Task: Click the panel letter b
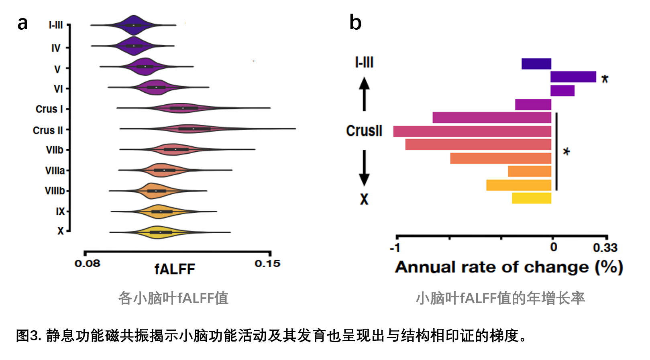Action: [x=355, y=22]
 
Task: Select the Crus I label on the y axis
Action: [x=49, y=109]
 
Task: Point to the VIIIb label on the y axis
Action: [x=55, y=191]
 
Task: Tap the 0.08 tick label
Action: [x=87, y=264]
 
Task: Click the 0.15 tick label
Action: [x=267, y=264]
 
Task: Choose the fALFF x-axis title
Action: [x=175, y=269]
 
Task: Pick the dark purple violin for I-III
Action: [x=133, y=25]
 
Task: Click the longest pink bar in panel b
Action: [x=472, y=131]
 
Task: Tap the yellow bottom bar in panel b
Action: [x=531, y=198]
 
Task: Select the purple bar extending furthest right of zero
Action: [x=573, y=77]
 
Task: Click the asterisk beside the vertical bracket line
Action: [x=566, y=152]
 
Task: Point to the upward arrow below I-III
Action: [x=364, y=94]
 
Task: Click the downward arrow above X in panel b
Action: [x=364, y=168]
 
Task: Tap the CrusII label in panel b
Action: [x=364, y=131]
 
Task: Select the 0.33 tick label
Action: [x=605, y=248]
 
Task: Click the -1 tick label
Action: [x=395, y=248]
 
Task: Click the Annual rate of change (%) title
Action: [x=509, y=267]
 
